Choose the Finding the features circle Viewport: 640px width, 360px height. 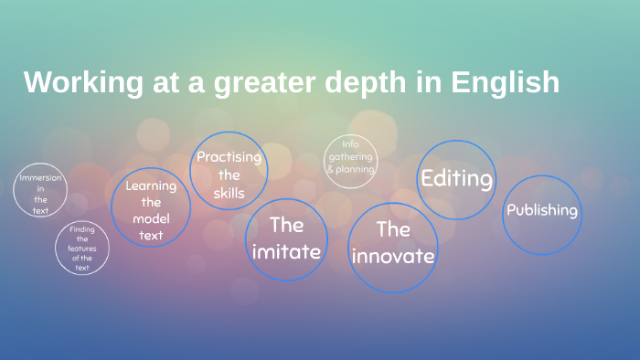tap(82, 248)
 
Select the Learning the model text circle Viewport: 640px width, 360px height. tap(151, 208)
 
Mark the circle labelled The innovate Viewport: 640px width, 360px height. tap(392, 245)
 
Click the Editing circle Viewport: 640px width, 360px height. tap(456, 179)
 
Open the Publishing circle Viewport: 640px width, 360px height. tap(542, 213)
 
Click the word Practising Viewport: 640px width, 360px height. tap(229, 156)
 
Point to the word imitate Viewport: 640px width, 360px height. tap(286, 251)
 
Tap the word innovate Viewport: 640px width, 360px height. tap(393, 256)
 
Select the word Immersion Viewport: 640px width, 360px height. tap(40, 177)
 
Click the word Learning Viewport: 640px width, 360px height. tap(151, 185)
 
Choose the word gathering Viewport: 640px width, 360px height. tap(350, 156)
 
